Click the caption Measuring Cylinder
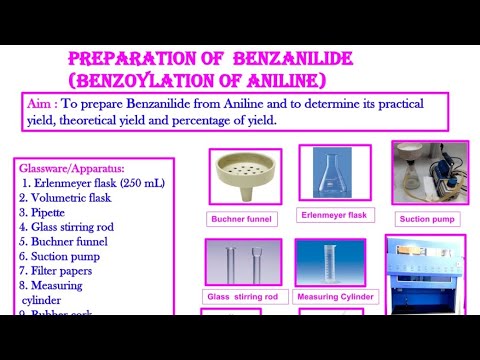pos(333,297)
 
